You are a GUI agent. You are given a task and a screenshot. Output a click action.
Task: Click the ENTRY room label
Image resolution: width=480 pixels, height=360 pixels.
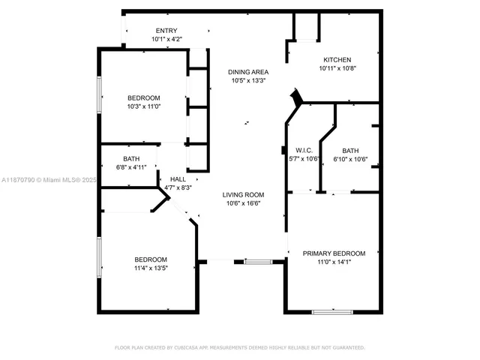pos(166,31)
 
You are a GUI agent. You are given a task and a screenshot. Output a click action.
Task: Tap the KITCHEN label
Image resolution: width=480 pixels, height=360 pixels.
pos(337,60)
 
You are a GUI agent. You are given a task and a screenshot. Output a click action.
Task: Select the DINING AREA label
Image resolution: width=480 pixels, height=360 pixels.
pos(248,72)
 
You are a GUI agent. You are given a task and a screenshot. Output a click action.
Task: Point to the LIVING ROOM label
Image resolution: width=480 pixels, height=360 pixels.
pos(244,195)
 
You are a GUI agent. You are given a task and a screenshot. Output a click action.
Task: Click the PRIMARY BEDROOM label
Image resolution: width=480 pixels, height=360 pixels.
pos(334,253)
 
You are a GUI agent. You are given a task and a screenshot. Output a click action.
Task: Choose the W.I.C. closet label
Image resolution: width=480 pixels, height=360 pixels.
pos(303,150)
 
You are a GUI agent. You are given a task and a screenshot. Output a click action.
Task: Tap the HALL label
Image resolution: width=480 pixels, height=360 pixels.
pos(178,179)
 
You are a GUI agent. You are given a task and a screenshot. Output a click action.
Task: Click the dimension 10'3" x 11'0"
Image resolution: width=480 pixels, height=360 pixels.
pos(143,106)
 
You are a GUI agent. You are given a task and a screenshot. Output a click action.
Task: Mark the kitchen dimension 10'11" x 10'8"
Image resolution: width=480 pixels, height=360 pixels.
pos(337,68)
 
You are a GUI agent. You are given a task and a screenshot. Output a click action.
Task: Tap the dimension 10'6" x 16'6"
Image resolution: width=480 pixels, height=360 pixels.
pos(244,203)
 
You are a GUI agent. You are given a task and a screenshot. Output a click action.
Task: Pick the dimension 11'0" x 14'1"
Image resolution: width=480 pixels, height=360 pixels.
pos(334,262)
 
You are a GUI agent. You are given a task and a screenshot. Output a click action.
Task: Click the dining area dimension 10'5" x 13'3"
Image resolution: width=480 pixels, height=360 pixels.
pos(248,80)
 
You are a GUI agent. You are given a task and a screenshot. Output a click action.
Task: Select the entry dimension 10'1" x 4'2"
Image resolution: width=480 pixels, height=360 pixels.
pos(166,39)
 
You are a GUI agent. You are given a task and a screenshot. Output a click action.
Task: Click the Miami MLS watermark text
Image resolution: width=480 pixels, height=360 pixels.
pos(49,180)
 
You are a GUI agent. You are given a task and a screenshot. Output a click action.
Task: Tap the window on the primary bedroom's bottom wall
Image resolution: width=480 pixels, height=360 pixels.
pos(331,311)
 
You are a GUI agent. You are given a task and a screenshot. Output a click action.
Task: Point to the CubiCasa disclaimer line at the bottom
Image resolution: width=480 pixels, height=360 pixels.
pos(239,348)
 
